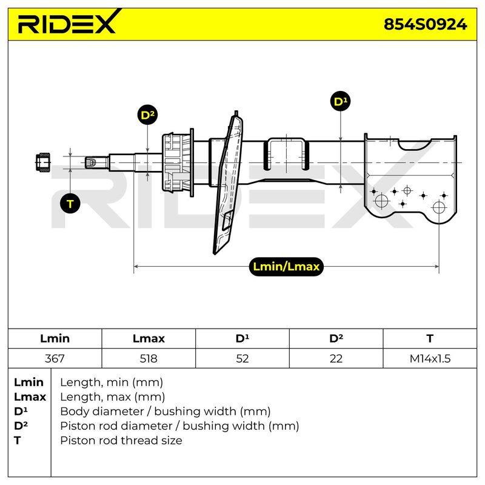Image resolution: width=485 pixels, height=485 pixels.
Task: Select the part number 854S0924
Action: click(x=425, y=24)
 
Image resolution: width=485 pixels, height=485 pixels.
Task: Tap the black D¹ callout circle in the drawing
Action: click(x=340, y=101)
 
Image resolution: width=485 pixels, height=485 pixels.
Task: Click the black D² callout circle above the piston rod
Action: click(x=147, y=115)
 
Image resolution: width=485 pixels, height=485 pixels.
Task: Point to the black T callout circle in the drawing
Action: click(x=70, y=204)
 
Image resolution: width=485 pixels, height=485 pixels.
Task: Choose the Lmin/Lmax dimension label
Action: click(x=286, y=267)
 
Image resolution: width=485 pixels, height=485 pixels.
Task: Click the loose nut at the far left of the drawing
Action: click(x=43, y=162)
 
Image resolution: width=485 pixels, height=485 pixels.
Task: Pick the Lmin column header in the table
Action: click(x=55, y=338)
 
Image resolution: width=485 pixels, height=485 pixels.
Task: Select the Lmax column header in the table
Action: click(x=149, y=338)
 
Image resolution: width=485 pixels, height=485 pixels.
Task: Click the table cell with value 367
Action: click(x=55, y=358)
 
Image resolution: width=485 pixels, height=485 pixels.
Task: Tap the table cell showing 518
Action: click(x=149, y=358)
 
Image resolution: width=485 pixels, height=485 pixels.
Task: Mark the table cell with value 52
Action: click(x=242, y=358)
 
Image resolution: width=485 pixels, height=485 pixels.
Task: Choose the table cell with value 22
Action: click(x=336, y=358)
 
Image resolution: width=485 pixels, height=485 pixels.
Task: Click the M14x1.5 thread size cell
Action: click(x=430, y=358)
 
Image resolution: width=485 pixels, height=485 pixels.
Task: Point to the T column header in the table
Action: click(x=430, y=338)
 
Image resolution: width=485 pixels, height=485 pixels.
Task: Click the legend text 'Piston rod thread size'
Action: click(x=121, y=440)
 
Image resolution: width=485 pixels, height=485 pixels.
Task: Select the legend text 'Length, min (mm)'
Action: click(x=112, y=383)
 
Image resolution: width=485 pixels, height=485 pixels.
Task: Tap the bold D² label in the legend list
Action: click(x=21, y=426)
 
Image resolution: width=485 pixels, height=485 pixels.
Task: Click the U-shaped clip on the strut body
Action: click(x=286, y=154)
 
